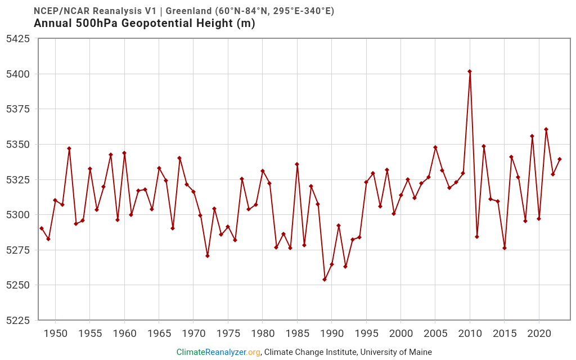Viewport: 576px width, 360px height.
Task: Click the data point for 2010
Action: [470, 71]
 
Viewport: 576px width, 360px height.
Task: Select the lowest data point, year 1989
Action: [325, 280]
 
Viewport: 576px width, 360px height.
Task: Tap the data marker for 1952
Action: [69, 148]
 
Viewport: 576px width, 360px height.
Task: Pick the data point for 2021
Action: [546, 129]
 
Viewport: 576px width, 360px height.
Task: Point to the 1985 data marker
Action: [297, 164]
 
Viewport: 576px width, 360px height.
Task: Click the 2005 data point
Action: [435, 147]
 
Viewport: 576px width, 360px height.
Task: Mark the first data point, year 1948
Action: [42, 228]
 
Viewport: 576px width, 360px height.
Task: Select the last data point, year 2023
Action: [560, 159]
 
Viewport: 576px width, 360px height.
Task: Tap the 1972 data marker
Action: [208, 256]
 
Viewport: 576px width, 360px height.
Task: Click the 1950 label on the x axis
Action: [55, 334]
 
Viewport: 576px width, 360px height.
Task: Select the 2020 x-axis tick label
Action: [539, 334]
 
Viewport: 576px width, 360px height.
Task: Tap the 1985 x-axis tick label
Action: [297, 334]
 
